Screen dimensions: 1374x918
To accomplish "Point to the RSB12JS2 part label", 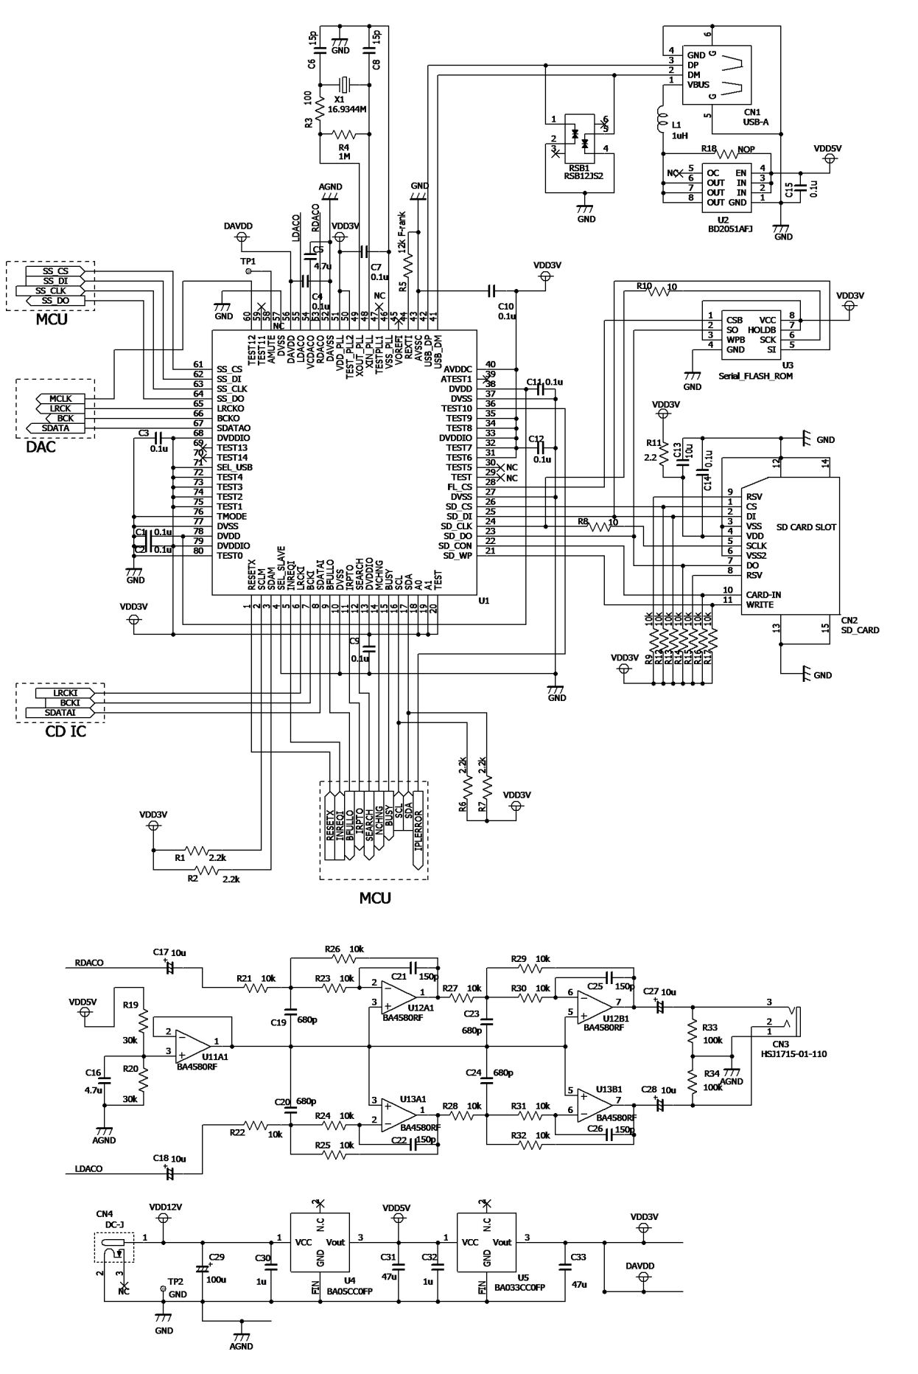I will click(x=584, y=175).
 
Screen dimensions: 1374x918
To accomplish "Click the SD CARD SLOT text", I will click(x=807, y=527).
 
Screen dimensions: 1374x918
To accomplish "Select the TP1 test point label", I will click(x=248, y=261).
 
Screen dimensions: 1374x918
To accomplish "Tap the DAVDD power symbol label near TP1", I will click(x=238, y=226).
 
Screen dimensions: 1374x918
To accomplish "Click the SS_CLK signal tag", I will click(x=55, y=290).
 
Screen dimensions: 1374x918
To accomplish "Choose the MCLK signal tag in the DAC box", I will click(x=60, y=398).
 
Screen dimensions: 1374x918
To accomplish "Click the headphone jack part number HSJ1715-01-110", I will click(x=793, y=1054).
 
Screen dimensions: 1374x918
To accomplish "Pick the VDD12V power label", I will click(x=165, y=1207).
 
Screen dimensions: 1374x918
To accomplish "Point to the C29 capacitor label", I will click(x=217, y=1256).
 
